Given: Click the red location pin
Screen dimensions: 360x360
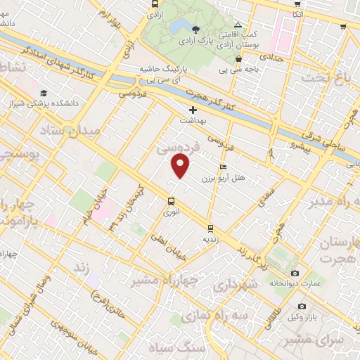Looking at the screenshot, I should [181, 167].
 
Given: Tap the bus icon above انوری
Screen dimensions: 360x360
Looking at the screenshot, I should [172, 200].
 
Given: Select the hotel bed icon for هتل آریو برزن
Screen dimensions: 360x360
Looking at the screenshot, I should [223, 167].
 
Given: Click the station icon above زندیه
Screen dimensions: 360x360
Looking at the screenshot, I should [210, 228].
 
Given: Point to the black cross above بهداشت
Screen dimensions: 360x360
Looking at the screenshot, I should [193, 110].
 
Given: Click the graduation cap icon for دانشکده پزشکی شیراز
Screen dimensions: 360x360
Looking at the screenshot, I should [44, 94].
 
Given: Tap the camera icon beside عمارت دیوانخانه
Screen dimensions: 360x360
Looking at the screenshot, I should [294, 273].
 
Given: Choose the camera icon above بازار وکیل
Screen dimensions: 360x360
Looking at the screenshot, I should [302, 307].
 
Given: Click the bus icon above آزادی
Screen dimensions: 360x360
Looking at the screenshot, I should [155, 4].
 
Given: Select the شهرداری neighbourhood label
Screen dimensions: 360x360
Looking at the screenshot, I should [232, 287].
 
